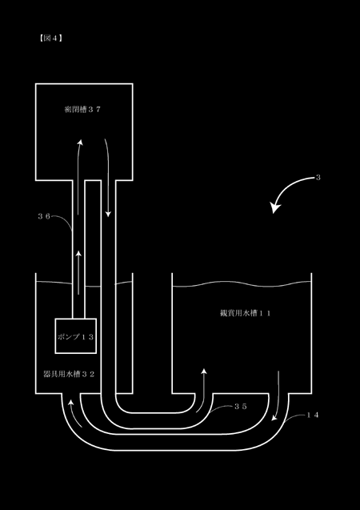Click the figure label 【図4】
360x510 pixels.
pos(50,38)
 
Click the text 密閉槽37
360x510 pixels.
pos(82,110)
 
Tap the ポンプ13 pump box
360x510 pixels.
pos(76,336)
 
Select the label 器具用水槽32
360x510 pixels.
pos(69,374)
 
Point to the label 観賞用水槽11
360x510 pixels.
pos(246,313)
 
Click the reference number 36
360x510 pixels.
pos(44,217)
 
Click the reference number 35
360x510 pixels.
pos(241,407)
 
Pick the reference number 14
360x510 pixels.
pos(313,416)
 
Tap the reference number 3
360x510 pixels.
pos(318,178)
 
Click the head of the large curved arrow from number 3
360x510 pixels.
pos(274,208)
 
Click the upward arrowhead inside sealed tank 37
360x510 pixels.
pos(80,143)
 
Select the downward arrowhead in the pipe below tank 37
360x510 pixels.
pos(108,214)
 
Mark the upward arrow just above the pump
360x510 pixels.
pos(78,272)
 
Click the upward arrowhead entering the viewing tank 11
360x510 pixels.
pos(204,371)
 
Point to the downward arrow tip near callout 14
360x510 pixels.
pos(274,418)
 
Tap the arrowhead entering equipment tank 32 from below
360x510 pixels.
pos(70,404)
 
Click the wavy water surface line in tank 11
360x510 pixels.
pos(242,284)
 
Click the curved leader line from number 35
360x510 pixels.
pos(222,408)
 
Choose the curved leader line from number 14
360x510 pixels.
pos(294,417)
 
